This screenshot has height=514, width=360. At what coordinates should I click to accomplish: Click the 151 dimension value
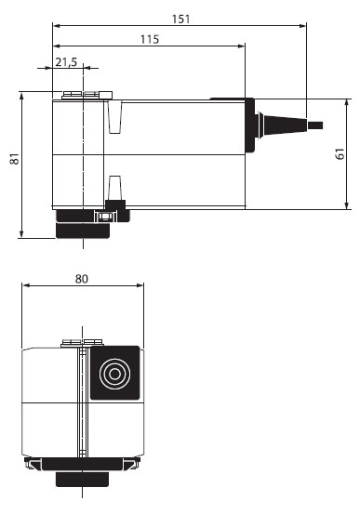(180, 19)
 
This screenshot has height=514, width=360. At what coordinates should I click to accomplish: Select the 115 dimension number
(150, 39)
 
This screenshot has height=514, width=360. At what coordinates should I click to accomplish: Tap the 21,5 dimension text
(66, 61)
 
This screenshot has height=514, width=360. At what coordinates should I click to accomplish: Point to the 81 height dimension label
(15, 159)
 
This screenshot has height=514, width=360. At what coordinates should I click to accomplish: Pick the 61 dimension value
(340, 153)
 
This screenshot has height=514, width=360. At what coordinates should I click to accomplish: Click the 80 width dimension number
(82, 279)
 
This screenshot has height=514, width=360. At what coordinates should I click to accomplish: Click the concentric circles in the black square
(114, 374)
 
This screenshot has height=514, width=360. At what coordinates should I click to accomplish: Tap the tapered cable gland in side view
(282, 125)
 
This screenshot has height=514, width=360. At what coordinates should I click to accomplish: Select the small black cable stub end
(315, 125)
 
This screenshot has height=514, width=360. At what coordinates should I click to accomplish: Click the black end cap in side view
(249, 125)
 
